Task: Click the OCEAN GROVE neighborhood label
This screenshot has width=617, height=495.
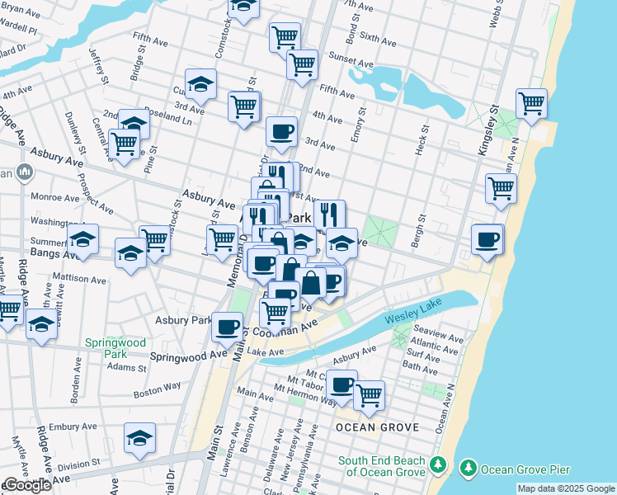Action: [377, 427]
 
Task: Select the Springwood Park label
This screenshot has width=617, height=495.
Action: [111, 348]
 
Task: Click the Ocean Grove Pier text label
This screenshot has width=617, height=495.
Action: [525, 469]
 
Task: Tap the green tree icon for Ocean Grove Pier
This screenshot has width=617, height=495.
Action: [469, 469]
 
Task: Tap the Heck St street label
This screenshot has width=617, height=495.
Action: [422, 138]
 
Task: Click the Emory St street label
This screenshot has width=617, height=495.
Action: [357, 123]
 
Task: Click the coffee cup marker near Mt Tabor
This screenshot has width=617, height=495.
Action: [341, 384]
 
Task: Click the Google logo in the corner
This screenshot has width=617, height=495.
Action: [27, 485]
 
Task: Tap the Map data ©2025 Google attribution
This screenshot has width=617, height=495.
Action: [565, 488]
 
